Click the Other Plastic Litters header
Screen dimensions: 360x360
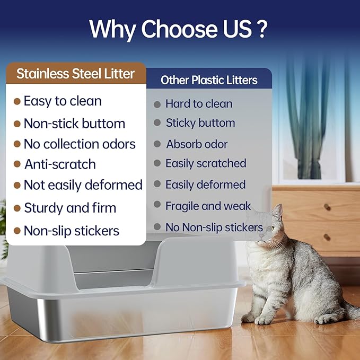209,80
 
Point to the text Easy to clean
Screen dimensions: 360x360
63,101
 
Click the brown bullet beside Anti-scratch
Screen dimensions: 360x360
17,164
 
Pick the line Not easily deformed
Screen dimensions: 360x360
83,185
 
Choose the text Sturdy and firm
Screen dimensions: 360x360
70,208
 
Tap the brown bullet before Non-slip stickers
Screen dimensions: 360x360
17,231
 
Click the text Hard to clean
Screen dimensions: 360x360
199,104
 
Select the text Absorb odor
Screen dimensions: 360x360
197,144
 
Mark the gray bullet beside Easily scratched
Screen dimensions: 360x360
157,164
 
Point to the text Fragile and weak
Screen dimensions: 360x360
208,205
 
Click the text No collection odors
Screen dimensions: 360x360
80,144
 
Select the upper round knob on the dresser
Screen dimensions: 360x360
327,207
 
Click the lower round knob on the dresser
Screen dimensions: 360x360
327,237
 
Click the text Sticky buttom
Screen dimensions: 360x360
200,123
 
